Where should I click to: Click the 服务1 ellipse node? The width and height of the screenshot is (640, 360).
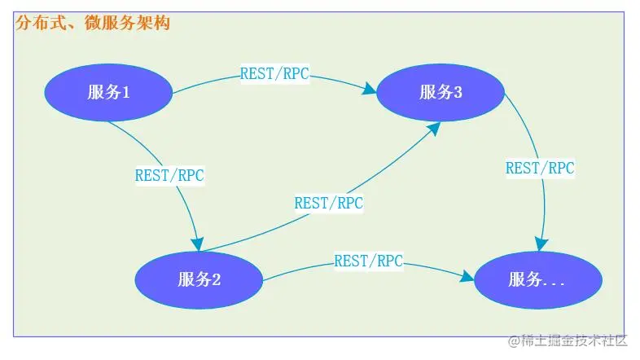click(108, 92)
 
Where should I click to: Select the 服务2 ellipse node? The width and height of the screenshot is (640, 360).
click(199, 279)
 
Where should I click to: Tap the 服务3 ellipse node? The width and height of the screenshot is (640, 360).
click(441, 92)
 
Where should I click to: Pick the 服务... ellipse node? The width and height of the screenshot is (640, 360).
click(537, 280)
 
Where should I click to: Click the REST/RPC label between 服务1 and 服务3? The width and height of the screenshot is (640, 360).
click(274, 72)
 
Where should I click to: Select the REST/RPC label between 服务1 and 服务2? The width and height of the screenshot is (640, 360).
click(169, 174)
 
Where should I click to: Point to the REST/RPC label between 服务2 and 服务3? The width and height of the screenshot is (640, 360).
click(328, 202)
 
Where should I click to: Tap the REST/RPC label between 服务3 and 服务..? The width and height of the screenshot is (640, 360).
click(540, 168)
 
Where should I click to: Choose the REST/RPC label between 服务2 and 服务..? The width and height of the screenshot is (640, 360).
click(368, 261)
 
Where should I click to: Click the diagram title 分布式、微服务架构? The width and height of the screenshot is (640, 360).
click(92, 24)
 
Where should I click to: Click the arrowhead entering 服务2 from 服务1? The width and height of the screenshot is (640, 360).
click(196, 244)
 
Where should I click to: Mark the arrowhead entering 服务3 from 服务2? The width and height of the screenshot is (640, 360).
click(434, 127)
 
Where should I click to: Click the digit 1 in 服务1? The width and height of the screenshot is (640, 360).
click(126, 92)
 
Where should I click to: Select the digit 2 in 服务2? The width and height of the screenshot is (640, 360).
click(217, 279)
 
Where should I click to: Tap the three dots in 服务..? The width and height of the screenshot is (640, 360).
click(554, 283)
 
